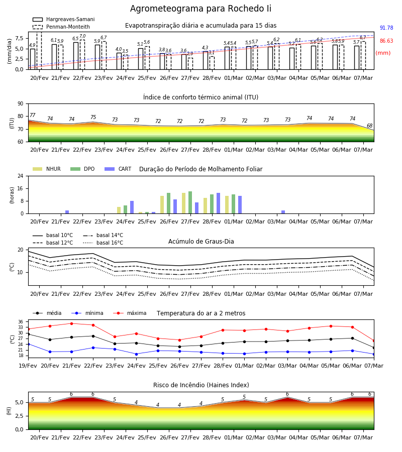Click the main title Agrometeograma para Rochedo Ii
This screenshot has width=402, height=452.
click(x=200, y=9)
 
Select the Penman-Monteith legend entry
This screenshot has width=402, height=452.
click(x=61, y=27)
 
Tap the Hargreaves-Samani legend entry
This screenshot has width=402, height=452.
click(x=63, y=19)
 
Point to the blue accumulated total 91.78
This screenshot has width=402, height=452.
click(x=386, y=28)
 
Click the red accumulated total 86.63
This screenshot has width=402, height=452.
click(x=386, y=41)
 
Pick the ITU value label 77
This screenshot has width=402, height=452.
click(x=32, y=116)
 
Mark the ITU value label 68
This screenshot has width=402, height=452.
click(x=369, y=126)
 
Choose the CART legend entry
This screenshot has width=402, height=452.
click(x=118, y=169)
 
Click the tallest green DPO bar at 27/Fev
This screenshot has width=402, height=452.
click(x=190, y=202)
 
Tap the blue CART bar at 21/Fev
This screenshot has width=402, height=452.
click(x=67, y=212)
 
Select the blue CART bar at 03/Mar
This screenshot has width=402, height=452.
click(x=283, y=212)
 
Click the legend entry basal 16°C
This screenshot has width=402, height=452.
click(x=103, y=243)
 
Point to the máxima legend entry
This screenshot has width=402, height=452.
click(x=130, y=313)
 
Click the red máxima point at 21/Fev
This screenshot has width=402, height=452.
click(x=71, y=323)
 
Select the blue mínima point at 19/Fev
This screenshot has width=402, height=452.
click(x=28, y=344)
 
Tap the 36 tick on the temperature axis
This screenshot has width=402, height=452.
click(x=21, y=322)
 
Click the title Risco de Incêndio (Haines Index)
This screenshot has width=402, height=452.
click(x=201, y=385)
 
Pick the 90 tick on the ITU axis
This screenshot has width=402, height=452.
click(x=20, y=104)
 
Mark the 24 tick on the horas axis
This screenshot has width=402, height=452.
click(x=20, y=176)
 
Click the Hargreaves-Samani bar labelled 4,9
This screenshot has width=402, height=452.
click(x=33, y=59)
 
